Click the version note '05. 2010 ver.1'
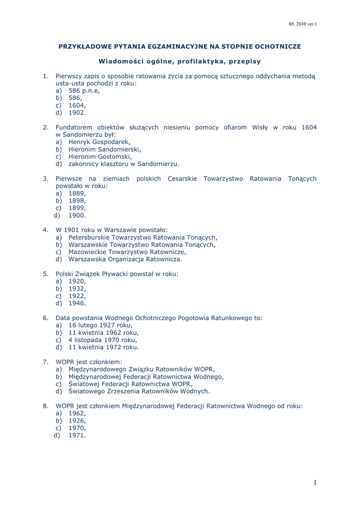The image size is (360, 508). [x=302, y=23]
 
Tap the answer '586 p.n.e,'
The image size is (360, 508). [x=84, y=91]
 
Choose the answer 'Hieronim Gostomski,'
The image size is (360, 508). [x=100, y=156]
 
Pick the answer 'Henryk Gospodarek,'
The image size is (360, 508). [x=99, y=142]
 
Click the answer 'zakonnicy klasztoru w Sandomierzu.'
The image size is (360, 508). [x=124, y=164]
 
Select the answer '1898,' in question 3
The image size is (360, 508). [x=77, y=200]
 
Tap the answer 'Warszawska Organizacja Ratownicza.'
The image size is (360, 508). [x=125, y=259]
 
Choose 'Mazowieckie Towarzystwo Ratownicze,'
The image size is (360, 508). [x=127, y=252]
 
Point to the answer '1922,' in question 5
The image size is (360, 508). [x=77, y=296]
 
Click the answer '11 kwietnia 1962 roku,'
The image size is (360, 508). [x=103, y=332]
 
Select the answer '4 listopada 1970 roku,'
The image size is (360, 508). [x=102, y=340]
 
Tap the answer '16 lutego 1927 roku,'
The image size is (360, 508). [x=100, y=325]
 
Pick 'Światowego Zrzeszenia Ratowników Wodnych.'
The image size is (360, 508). [x=139, y=391]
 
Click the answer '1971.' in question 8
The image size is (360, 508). [x=77, y=435]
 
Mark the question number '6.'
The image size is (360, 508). [x=45, y=317]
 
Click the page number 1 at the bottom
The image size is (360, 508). [x=315, y=482]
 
